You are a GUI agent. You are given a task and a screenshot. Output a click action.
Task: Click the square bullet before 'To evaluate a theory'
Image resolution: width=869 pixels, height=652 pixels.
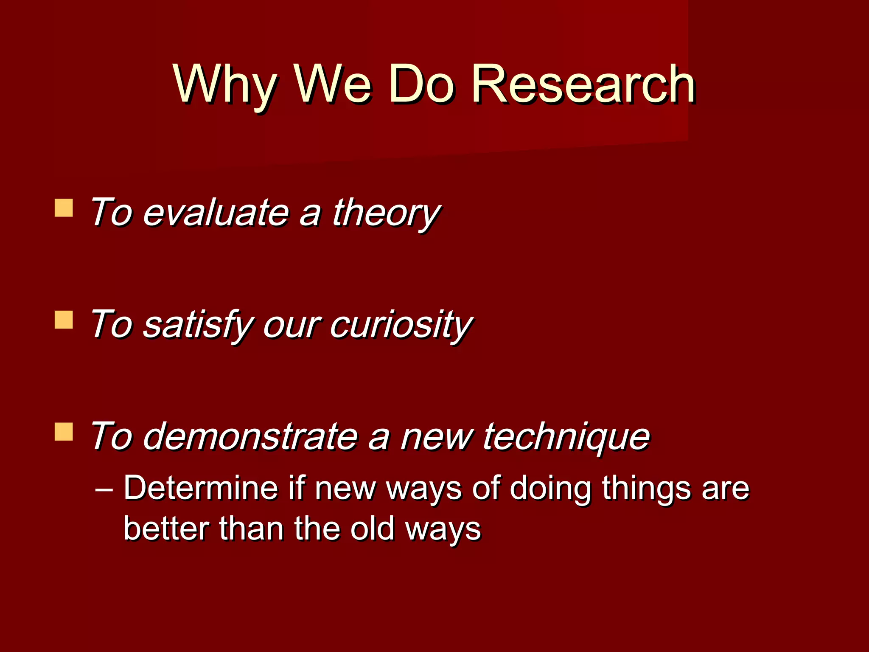64,208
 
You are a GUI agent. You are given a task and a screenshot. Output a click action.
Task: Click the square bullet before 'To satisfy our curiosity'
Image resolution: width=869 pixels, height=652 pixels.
64,320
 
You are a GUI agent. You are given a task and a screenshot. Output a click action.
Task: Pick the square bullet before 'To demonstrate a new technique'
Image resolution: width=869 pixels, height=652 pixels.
64,432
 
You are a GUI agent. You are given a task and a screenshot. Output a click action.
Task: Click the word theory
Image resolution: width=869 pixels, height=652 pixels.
385,213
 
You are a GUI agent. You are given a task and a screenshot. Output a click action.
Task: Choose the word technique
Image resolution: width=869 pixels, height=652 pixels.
566,437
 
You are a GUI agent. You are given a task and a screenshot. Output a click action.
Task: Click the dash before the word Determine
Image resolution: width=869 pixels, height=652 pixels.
104,489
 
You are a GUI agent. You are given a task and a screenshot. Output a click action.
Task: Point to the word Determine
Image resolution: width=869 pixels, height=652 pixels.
200,488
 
